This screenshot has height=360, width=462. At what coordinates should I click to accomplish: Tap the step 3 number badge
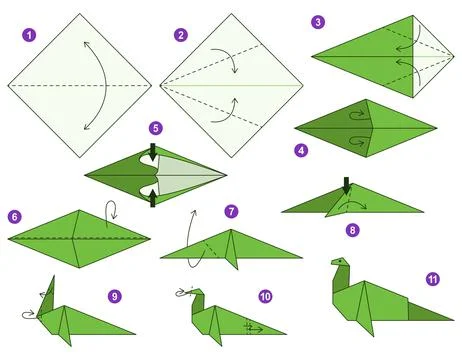click(x=318, y=21)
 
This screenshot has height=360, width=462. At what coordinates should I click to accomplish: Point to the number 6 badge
click(x=14, y=216)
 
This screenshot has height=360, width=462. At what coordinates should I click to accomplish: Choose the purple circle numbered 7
click(x=232, y=211)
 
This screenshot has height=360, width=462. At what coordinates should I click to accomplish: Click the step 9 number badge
click(x=114, y=296)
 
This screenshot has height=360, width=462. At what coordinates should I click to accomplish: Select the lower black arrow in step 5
click(x=152, y=200)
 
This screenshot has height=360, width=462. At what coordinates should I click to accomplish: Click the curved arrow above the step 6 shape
click(x=112, y=210)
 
